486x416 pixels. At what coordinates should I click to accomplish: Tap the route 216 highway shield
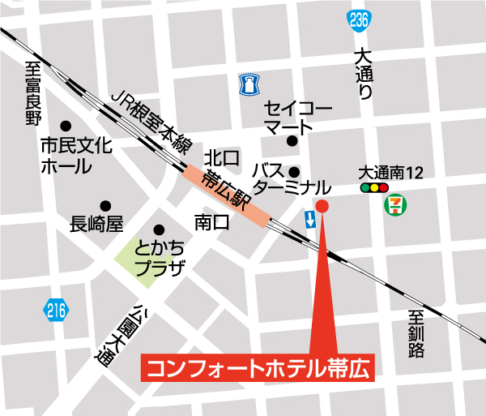coord(55,310)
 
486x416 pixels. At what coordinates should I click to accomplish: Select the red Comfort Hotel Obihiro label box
coord(257,367)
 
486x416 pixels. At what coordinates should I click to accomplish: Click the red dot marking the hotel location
coord(322,205)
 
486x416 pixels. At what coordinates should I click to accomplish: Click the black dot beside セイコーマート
coord(292,141)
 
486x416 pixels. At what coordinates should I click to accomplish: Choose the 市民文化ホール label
coord(77,157)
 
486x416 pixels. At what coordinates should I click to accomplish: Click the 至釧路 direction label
coord(416,334)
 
